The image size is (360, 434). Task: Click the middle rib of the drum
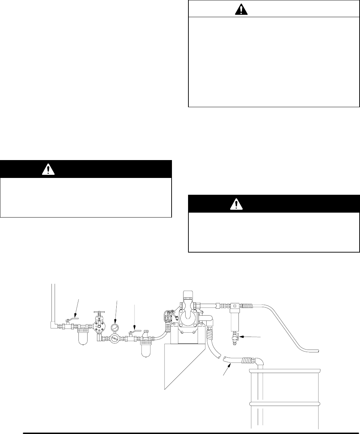tap(285, 404)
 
